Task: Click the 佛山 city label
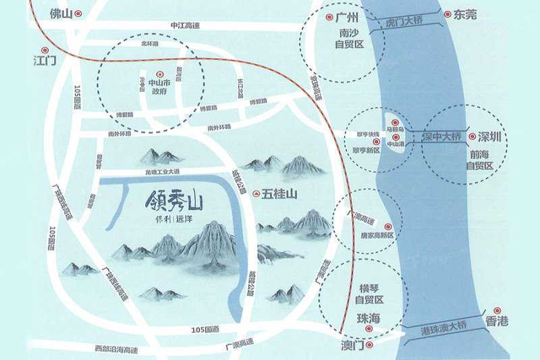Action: tap(61, 13)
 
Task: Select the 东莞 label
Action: tap(466, 14)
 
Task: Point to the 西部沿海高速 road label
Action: tap(116, 349)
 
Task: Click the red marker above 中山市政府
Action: tap(159, 74)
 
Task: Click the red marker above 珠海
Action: tap(369, 329)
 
